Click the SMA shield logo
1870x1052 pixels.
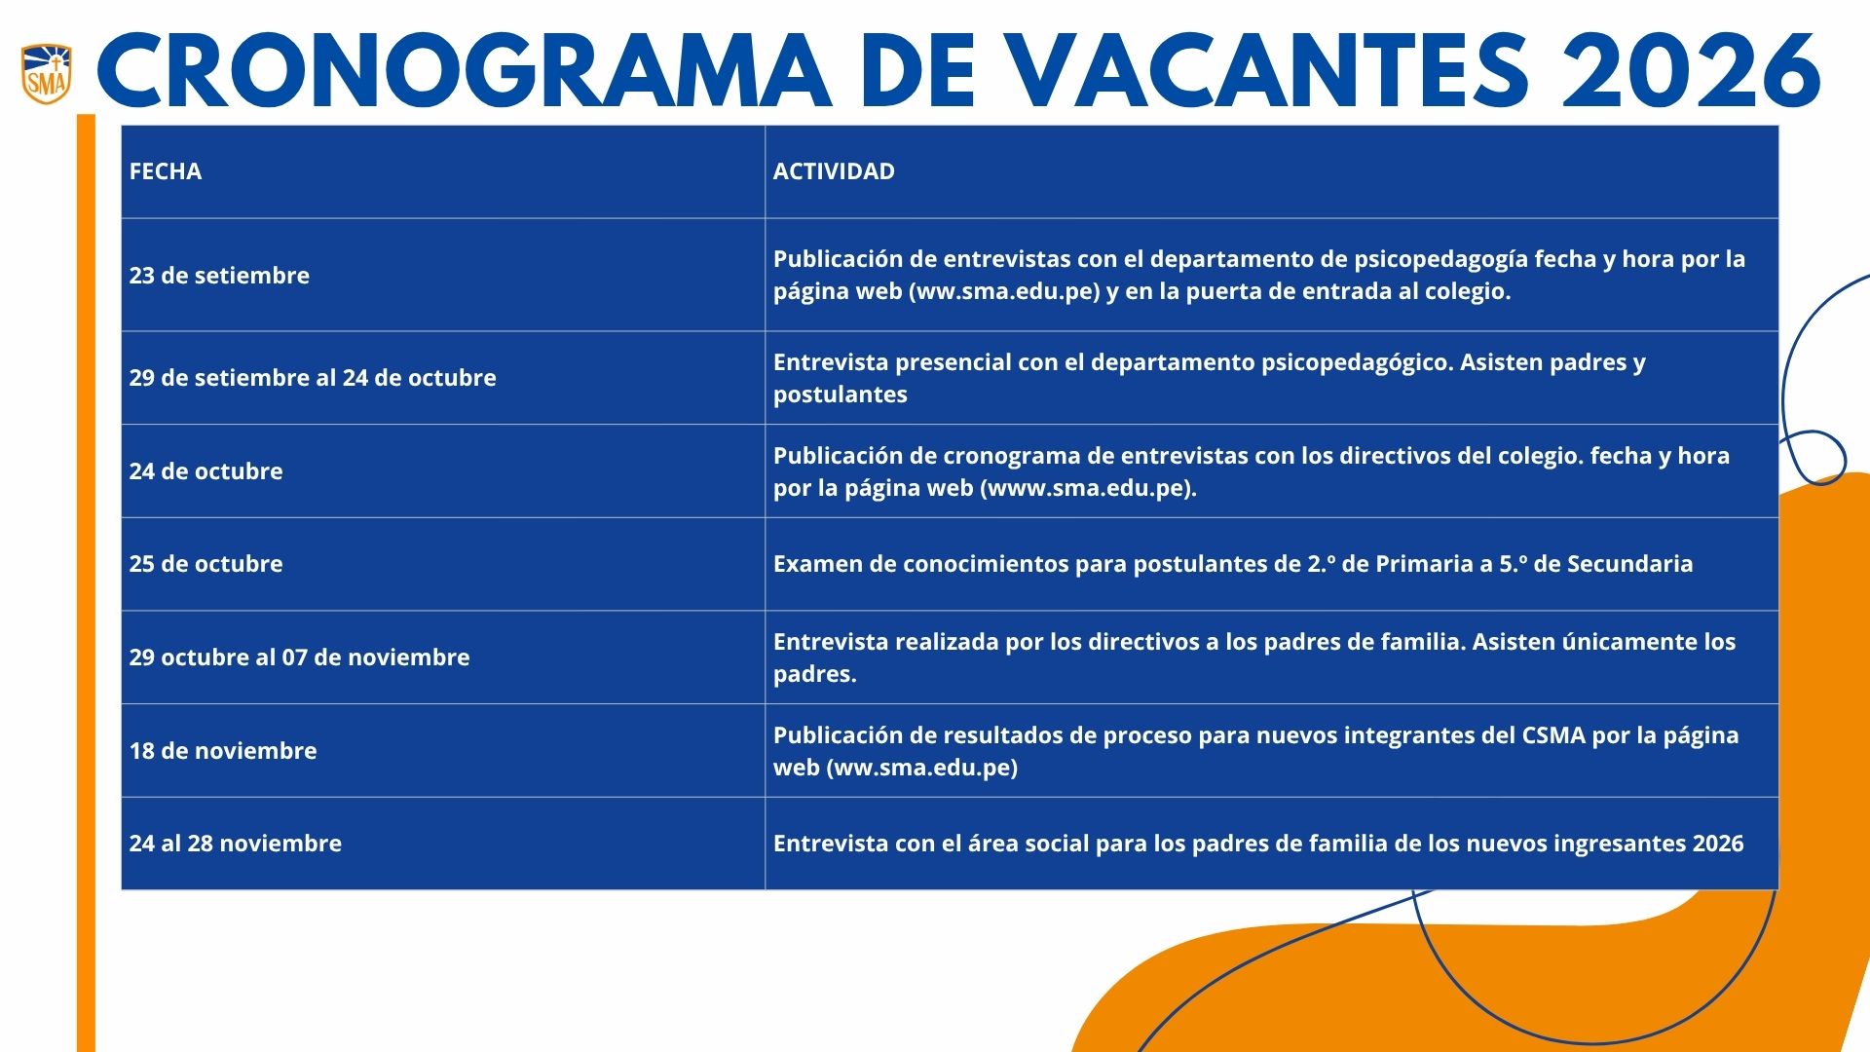(47, 73)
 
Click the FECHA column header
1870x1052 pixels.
(166, 171)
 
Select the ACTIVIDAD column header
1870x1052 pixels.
(834, 171)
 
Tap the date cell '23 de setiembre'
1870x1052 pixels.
(219, 276)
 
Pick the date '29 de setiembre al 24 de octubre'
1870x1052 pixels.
(313, 378)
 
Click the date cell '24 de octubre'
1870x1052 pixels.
(206, 471)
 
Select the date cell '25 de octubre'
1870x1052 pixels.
(206, 564)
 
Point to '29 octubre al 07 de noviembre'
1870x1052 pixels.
(299, 657)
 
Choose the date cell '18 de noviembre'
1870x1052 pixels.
(223, 751)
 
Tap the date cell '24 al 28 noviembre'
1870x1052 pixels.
(236, 844)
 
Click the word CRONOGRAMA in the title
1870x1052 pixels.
(464, 72)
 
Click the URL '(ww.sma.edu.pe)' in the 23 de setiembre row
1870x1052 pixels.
(1004, 292)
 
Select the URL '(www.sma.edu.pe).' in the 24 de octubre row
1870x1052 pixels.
(1088, 488)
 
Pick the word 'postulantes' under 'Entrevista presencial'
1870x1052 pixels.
(840, 394)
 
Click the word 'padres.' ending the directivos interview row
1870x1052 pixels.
(814, 674)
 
